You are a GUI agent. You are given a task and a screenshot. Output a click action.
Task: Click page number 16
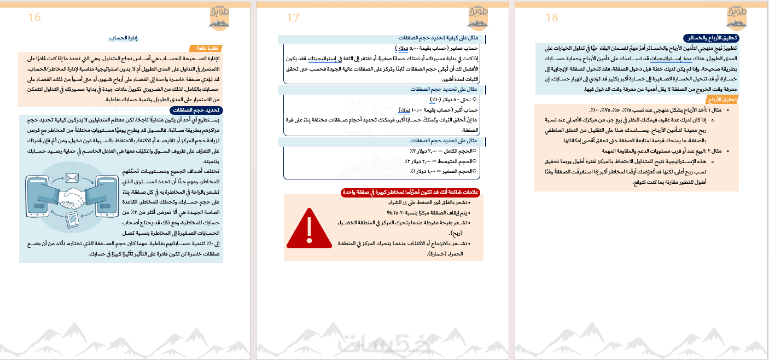tap(34, 18)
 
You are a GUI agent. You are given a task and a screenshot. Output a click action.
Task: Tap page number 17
tap(293, 18)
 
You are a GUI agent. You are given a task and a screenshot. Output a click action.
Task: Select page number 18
tap(552, 18)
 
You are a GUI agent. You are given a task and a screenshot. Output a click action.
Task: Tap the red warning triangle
tap(309, 228)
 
